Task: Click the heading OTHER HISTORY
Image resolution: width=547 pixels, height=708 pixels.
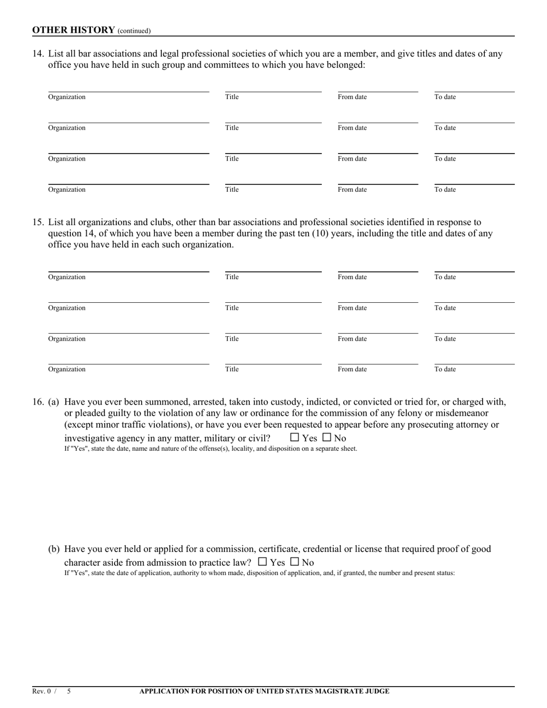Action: tap(73, 30)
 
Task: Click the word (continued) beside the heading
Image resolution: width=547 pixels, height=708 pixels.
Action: tap(134, 31)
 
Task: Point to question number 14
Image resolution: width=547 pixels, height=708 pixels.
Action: tap(38, 54)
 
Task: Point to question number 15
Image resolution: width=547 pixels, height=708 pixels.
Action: tap(38, 222)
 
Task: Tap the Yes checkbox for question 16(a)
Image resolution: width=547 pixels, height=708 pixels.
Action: tap(295, 437)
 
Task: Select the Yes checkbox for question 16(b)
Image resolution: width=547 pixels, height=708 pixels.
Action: tap(263, 562)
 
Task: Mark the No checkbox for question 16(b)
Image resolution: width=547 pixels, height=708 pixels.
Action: tap(295, 562)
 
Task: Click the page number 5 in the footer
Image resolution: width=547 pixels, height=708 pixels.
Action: tap(69, 691)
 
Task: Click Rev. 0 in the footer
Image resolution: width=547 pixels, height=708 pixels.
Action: tap(41, 691)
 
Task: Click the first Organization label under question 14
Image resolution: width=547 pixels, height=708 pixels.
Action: tap(67, 97)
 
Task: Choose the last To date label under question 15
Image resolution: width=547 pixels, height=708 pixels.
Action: tap(445, 370)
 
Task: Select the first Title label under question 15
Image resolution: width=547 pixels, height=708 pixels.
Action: tap(232, 277)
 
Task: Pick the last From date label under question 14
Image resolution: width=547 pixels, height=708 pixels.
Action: tap(352, 190)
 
